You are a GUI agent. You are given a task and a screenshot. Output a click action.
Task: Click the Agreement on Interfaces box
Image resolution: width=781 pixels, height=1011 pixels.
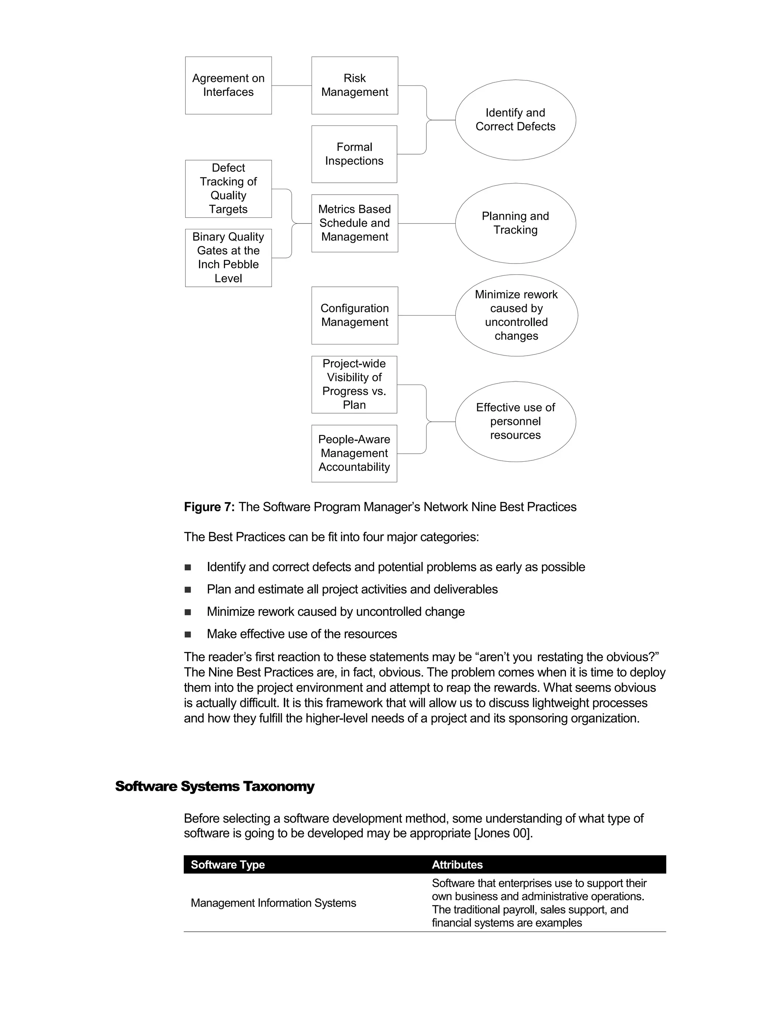(x=228, y=85)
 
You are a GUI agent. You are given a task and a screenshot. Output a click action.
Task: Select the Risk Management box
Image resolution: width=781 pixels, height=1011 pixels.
(x=354, y=85)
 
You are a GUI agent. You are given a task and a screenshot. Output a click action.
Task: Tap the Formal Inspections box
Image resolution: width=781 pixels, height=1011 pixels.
(x=354, y=154)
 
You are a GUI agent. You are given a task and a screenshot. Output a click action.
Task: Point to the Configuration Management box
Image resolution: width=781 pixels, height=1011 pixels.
(x=354, y=315)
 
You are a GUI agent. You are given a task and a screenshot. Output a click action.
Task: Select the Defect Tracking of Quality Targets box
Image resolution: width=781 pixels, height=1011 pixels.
(x=228, y=188)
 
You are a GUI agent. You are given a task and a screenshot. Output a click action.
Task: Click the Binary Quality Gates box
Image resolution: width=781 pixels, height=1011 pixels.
(x=228, y=258)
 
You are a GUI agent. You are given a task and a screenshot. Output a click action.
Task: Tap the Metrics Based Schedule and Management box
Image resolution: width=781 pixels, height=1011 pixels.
(x=354, y=223)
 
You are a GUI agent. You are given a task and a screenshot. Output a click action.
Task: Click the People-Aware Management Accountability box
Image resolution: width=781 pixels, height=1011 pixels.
(x=354, y=453)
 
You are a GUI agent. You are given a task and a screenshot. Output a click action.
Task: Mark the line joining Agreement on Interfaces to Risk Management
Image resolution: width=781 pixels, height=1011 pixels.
(x=291, y=85)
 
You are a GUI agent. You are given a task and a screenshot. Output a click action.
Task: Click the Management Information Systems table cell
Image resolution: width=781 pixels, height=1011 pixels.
(x=273, y=903)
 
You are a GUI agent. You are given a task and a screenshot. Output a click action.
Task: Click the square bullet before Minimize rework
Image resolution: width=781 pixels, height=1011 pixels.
(x=188, y=612)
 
